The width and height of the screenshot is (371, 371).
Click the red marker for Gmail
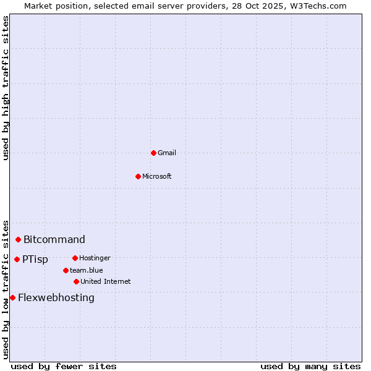pyautogui.click(x=153, y=153)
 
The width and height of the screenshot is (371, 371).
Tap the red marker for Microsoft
pyautogui.click(x=138, y=176)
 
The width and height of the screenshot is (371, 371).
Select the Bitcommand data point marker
pyautogui.click(x=19, y=239)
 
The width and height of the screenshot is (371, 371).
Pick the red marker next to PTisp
pyautogui.click(x=17, y=259)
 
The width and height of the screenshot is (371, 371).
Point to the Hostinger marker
pyautogui.click(x=75, y=258)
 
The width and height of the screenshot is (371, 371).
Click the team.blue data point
pyautogui.click(x=66, y=270)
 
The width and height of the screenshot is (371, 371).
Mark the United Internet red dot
pyautogui.click(x=76, y=281)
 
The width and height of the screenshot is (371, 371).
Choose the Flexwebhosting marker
pyautogui.click(x=12, y=297)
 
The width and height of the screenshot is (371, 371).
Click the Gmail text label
pyautogui.click(x=167, y=153)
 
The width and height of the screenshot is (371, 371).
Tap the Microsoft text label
pyautogui.click(x=157, y=176)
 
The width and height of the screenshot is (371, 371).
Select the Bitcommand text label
pyautogui.click(x=54, y=239)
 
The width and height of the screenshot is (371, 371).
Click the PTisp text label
pyautogui.click(x=35, y=259)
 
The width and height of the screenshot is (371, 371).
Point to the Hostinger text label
pyautogui.click(x=95, y=258)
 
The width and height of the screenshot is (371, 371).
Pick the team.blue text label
pyautogui.click(x=87, y=270)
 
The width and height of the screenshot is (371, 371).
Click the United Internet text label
pyautogui.click(x=106, y=281)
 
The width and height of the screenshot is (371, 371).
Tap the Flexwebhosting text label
pyautogui.click(x=56, y=297)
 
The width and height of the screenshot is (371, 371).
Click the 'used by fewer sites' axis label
pyautogui.click(x=64, y=366)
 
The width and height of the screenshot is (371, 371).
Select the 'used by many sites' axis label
pyautogui.click(x=310, y=366)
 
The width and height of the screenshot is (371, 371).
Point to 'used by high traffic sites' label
pyautogui.click(x=6, y=88)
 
